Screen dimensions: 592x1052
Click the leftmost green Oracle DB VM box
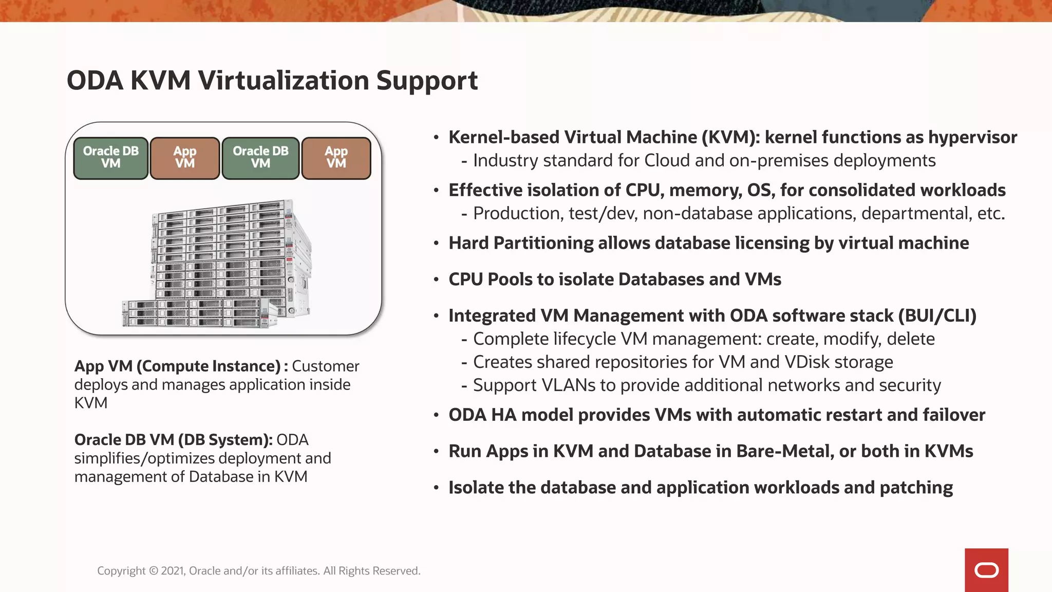pyautogui.click(x=111, y=158)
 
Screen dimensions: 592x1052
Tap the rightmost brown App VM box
pyautogui.click(x=336, y=158)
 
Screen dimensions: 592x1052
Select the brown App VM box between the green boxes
pyautogui.click(x=185, y=158)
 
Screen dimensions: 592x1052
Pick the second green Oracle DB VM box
pyautogui.click(x=260, y=158)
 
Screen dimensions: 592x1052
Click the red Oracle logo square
pyautogui.click(x=986, y=570)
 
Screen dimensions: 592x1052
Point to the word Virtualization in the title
pyautogui.click(x=283, y=81)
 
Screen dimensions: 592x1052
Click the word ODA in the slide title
pyautogui.click(x=95, y=81)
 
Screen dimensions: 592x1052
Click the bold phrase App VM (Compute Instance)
pyautogui.click(x=177, y=366)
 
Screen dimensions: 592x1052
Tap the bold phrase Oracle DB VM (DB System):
pyautogui.click(x=173, y=440)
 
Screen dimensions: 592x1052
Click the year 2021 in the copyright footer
pyautogui.click(x=173, y=571)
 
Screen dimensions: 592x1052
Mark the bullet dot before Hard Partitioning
pyautogui.click(x=436, y=244)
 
